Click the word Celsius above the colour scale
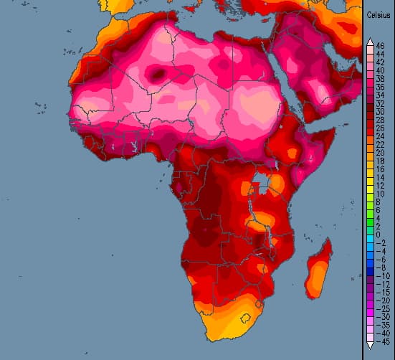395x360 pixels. coord(379,15)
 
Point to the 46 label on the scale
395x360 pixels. coord(379,46)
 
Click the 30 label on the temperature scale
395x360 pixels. coord(379,112)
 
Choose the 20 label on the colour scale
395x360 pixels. coord(379,153)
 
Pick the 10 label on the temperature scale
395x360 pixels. coord(379,194)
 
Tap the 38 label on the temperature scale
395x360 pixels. coord(379,79)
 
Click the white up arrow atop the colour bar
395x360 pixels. coord(368,41)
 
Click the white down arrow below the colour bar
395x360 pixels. coord(368,345)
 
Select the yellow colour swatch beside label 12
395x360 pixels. coord(368,186)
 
